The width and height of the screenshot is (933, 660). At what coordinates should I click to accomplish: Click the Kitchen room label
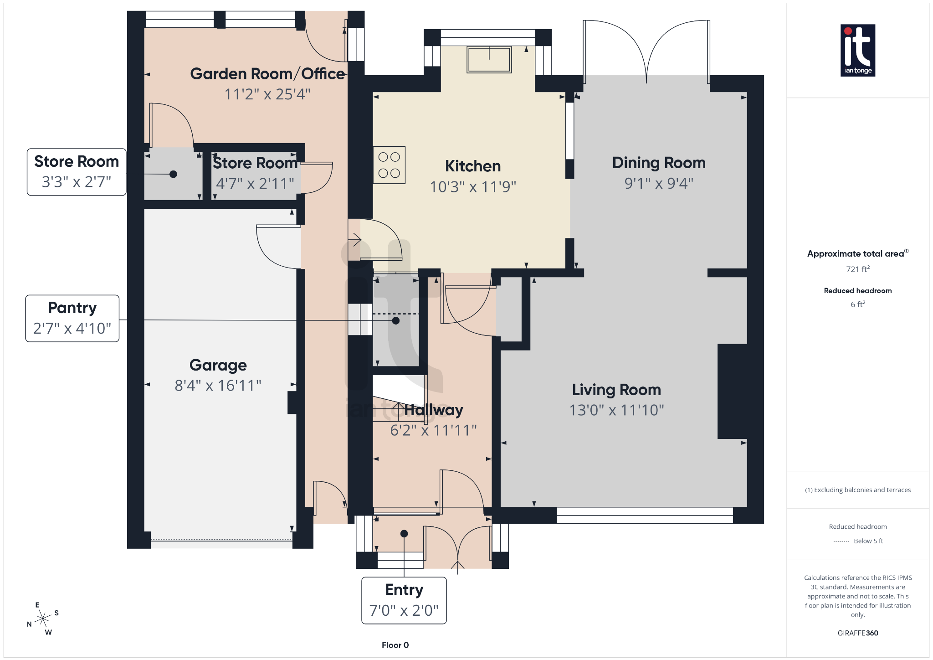click(x=472, y=166)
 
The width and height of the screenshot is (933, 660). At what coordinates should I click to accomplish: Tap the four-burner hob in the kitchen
click(x=389, y=165)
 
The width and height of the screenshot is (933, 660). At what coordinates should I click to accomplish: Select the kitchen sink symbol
click(x=489, y=60)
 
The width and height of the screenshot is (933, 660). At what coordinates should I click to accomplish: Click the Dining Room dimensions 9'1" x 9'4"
click(x=658, y=183)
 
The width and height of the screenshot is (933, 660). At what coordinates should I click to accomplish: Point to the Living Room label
click(x=616, y=390)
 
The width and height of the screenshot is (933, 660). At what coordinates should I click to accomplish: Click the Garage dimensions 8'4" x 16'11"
click(x=218, y=386)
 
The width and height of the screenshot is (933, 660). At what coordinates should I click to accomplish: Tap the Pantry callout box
click(x=72, y=318)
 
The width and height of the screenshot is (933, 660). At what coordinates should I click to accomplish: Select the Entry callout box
click(x=404, y=600)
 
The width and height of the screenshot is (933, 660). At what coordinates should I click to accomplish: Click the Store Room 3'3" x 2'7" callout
click(x=77, y=172)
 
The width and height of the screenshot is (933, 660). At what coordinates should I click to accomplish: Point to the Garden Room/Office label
click(x=267, y=74)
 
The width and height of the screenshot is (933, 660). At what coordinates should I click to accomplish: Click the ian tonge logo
click(x=857, y=50)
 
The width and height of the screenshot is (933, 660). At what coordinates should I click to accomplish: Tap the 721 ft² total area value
click(x=857, y=269)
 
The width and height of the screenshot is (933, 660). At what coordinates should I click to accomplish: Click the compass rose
click(x=43, y=619)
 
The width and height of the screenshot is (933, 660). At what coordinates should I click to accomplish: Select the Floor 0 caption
click(x=395, y=645)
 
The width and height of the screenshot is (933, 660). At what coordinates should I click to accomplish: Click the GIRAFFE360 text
click(x=857, y=633)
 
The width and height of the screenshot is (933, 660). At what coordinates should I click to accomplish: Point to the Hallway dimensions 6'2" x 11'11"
click(x=433, y=430)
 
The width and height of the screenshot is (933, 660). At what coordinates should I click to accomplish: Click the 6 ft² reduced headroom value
click(x=857, y=304)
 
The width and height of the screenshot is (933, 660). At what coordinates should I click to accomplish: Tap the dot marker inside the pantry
click(x=396, y=321)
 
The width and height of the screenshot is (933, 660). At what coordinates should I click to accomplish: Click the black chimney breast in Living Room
click(x=732, y=391)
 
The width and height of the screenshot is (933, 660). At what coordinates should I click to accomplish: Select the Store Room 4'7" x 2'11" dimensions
click(x=255, y=184)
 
